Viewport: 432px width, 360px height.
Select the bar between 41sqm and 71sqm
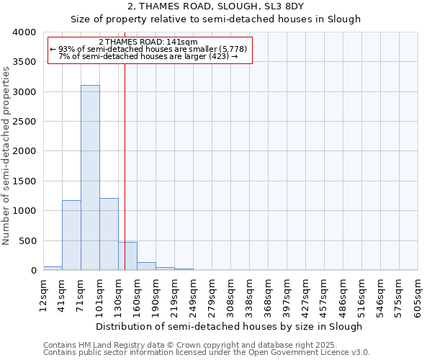[71, 235]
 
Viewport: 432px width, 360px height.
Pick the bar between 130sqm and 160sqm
[127, 256]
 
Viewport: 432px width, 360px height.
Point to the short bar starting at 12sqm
[53, 268]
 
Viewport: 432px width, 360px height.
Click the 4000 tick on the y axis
[24, 32]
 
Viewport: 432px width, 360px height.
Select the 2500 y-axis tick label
[24, 122]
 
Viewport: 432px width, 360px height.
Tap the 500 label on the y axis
[27, 240]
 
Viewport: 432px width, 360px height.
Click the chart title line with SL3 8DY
[215, 6]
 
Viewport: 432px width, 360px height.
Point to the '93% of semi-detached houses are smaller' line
[148, 49]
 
